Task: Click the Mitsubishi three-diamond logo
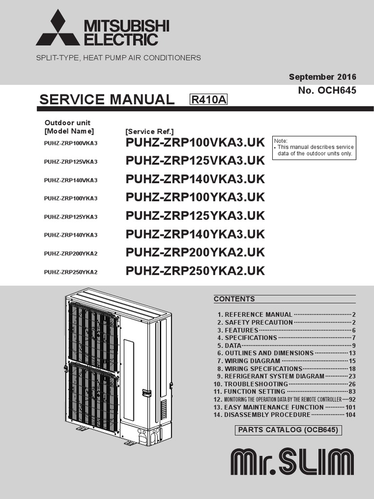[58, 29]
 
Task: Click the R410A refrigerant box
[209, 100]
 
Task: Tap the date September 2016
[322, 77]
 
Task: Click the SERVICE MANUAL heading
[106, 99]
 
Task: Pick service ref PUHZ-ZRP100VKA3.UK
[195, 142]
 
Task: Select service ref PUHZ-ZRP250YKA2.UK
[195, 271]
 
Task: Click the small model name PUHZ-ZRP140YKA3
[71, 235]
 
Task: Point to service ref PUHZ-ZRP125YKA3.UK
[195, 216]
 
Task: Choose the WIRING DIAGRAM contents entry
[252, 361]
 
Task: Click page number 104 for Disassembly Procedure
[350, 415]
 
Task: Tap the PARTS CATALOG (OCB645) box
[287, 430]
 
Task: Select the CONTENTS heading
[234, 299]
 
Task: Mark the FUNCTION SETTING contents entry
[255, 392]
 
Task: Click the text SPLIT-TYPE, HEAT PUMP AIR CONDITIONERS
[118, 58]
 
